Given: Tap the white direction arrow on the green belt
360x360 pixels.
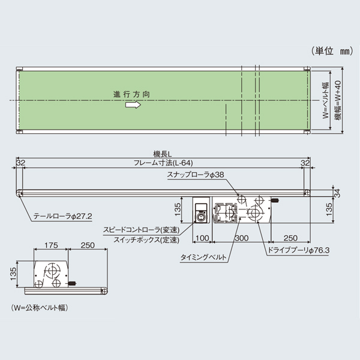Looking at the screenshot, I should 133,105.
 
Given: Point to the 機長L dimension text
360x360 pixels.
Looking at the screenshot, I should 161,154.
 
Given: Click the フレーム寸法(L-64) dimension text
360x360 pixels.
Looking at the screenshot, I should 162,163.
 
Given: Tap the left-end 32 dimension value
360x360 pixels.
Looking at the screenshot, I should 20,163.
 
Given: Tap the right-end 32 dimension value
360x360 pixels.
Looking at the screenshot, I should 305,163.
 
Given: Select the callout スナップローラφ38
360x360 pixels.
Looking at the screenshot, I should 196,175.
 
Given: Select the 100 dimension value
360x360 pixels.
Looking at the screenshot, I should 202,239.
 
